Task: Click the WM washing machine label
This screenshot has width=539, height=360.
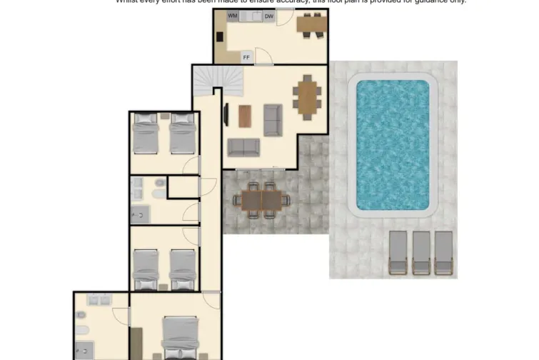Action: click(x=233, y=16)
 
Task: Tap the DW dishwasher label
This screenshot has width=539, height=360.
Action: click(x=269, y=16)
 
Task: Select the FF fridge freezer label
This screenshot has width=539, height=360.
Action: click(x=246, y=57)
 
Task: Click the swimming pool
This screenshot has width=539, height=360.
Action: click(x=392, y=144)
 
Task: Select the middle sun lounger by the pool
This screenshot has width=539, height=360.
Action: click(x=421, y=253)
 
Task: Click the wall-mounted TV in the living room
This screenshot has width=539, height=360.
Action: click(x=226, y=114)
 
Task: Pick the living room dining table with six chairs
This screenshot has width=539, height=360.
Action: click(x=307, y=96)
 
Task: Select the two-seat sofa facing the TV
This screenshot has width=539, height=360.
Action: click(x=273, y=120)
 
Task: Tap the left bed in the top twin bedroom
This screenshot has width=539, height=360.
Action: click(x=146, y=135)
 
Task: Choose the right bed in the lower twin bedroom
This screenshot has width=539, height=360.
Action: click(x=183, y=269)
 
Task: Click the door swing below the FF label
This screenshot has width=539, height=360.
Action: click(x=264, y=56)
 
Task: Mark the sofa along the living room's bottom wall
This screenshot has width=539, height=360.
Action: click(x=244, y=147)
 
